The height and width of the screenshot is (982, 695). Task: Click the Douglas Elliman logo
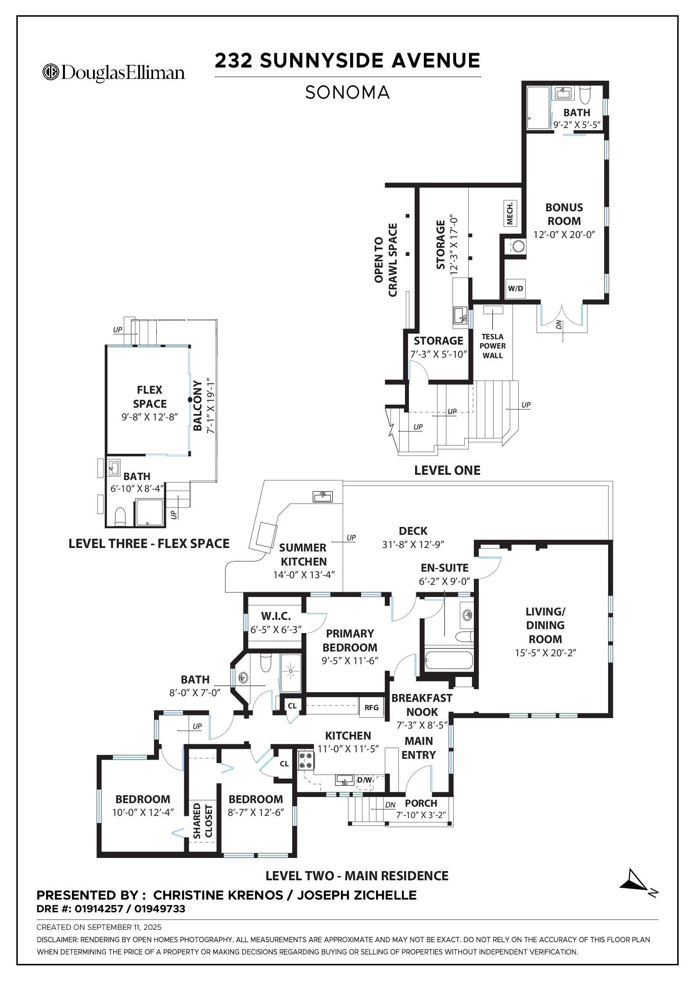pos(113,72)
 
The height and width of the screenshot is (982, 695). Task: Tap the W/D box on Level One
pos(515,288)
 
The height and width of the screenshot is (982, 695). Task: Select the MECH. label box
pos(510,213)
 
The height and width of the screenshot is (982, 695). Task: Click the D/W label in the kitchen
pos(364,780)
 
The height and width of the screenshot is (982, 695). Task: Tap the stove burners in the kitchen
pos(306,761)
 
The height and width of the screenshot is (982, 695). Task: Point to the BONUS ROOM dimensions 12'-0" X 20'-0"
pos(564,235)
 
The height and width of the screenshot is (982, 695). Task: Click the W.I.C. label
pos(276,616)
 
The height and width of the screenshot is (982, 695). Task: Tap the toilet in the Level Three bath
pos(120,518)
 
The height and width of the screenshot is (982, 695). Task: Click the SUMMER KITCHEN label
pos(303,555)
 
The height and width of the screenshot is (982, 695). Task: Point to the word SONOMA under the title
pos(347,93)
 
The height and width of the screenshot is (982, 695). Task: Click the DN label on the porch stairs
pos(390,805)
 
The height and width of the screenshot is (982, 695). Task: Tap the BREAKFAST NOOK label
pos(422,704)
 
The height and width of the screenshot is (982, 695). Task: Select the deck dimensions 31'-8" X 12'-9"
pos(413,544)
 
